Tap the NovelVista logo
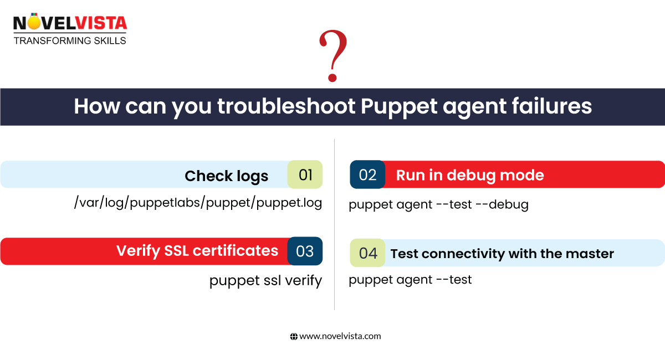(x=70, y=24)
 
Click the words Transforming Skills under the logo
(x=70, y=40)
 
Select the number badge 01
(x=305, y=175)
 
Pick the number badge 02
(x=367, y=175)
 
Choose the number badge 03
(x=305, y=251)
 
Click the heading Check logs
(x=226, y=176)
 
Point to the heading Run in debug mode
(x=470, y=176)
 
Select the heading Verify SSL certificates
(x=197, y=251)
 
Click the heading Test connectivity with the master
(x=502, y=254)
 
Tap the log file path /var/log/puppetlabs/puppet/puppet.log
(x=198, y=203)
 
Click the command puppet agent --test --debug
(x=438, y=204)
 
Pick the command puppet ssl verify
(x=265, y=281)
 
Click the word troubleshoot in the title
(x=286, y=106)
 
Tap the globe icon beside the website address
(x=294, y=336)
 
